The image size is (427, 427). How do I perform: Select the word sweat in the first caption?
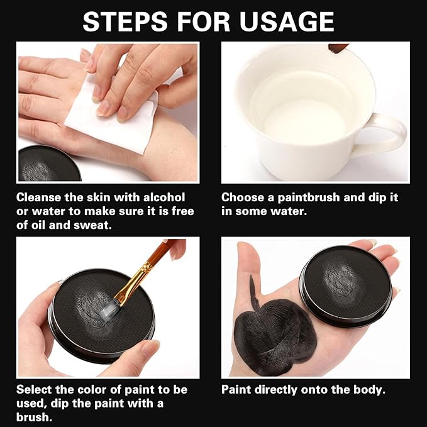[94, 225]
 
